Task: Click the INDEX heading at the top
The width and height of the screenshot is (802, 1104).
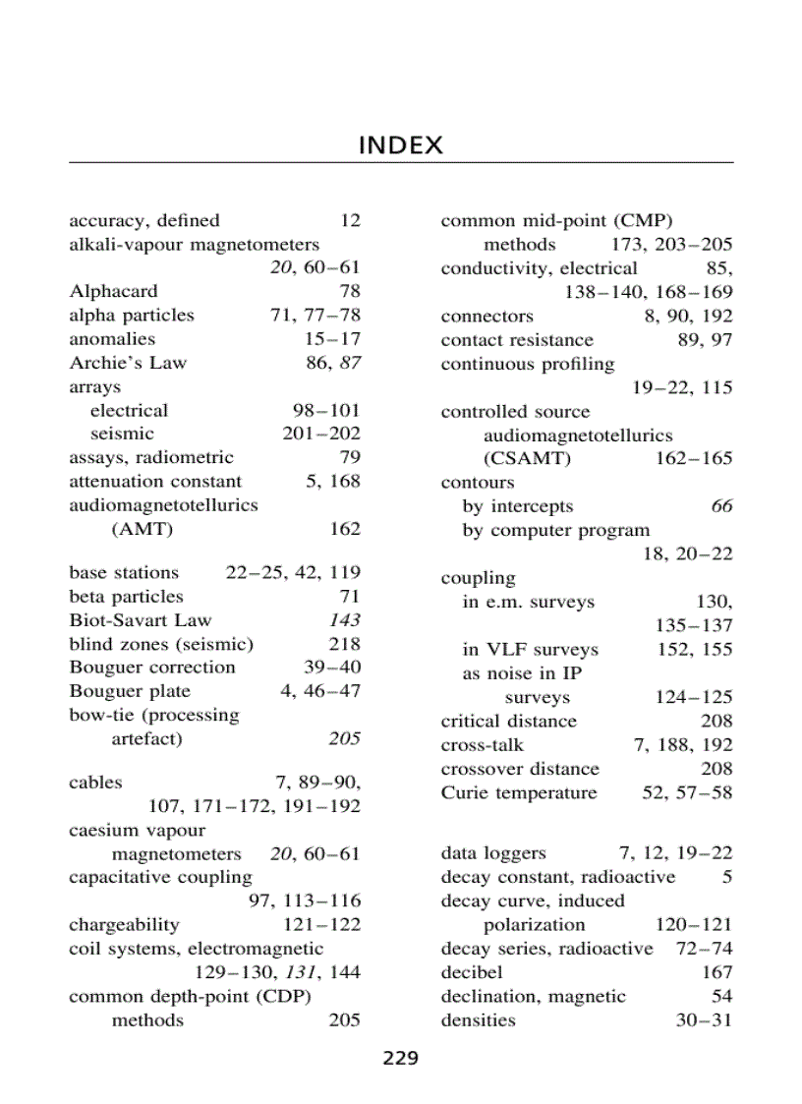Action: point(400,146)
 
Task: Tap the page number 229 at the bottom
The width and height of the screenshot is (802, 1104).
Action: point(400,1059)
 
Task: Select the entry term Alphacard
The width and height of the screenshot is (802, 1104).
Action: point(113,291)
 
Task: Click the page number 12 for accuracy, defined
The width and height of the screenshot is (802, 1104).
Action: point(350,220)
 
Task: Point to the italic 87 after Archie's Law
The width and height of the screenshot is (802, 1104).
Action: point(350,363)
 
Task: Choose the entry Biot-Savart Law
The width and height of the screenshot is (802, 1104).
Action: point(140,620)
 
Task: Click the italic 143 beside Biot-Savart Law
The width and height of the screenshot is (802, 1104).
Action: point(345,620)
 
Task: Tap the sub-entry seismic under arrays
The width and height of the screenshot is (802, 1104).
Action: point(122,434)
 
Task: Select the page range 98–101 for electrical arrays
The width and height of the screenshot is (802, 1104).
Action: point(326,410)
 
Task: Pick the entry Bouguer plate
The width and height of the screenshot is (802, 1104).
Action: point(130,691)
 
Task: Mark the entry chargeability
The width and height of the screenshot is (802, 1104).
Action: point(124,925)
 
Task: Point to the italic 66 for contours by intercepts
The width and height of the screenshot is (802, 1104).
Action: point(721,506)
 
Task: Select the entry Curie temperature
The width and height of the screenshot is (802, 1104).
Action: point(518,793)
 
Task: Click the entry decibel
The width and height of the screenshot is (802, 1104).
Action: point(472,972)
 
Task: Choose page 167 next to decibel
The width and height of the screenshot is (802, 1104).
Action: point(716,972)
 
